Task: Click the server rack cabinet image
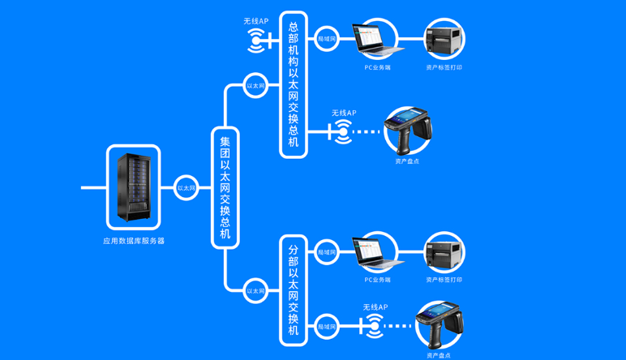point(133,187)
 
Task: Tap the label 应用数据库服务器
point(134,241)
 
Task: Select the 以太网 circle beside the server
point(187,187)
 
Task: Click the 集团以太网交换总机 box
point(225,187)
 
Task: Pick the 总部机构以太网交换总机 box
point(294,84)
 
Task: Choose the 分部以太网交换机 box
point(294,290)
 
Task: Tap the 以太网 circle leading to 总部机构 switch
point(255,85)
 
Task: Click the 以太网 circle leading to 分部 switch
point(255,290)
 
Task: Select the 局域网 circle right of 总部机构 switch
point(327,38)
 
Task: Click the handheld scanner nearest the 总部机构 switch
point(407,130)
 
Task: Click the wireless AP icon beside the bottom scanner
point(374,326)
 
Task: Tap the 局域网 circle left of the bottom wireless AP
point(327,326)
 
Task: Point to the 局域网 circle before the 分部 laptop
point(327,253)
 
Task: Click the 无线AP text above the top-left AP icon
point(256,21)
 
